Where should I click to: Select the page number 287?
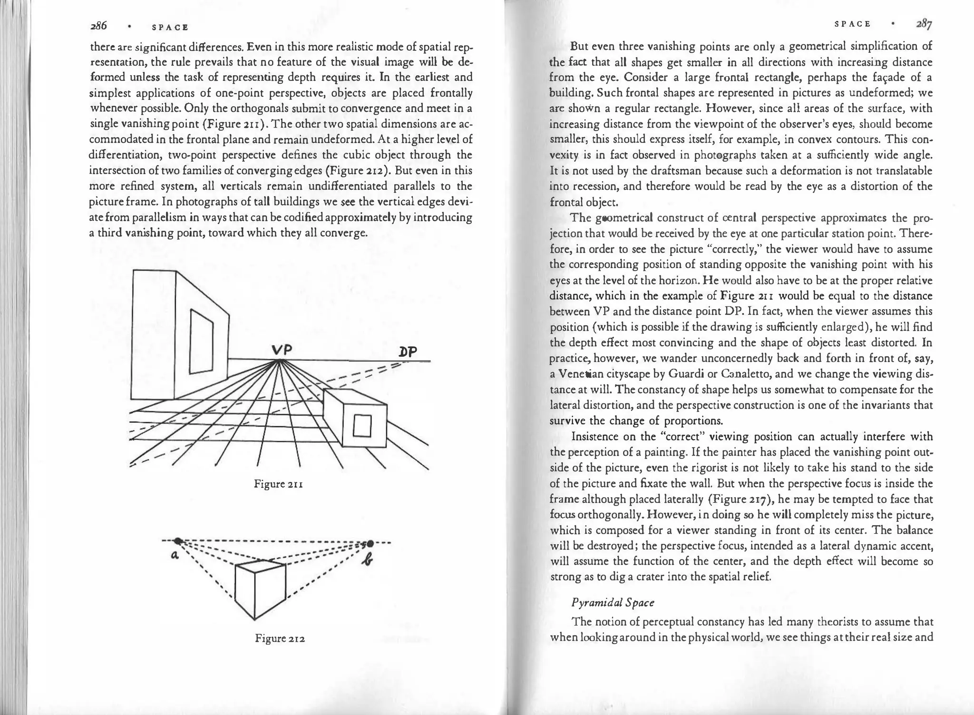pyautogui.click(x=924, y=24)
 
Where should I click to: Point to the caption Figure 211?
pyautogui.click(x=279, y=485)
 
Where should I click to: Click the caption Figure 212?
pyautogui.click(x=280, y=638)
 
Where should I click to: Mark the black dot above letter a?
pyautogui.click(x=178, y=540)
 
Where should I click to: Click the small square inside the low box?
pyautogui.click(x=362, y=426)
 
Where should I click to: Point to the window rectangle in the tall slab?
pyautogui.click(x=202, y=341)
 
